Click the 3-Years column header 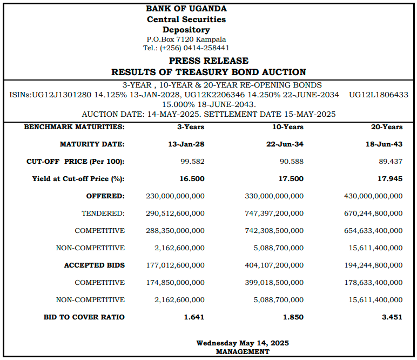coord(191,127)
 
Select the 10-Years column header coord(288,127)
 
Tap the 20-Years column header coord(387,127)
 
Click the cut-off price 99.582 coord(192,162)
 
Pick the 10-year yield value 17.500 coord(291,179)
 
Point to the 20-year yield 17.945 coord(390,179)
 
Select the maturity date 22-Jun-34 coord(285,144)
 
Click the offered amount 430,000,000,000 coord(373,196)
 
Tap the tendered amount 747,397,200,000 coord(274,214)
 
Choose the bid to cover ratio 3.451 coord(392,317)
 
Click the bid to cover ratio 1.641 coord(194,317)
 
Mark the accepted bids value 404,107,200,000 coord(274,265)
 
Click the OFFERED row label coord(105,196)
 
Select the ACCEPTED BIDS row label coord(95,265)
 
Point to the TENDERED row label coord(103,214)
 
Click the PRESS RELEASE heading coord(208,61)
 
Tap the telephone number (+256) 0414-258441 coord(194,48)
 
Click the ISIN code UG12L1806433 coord(379,95)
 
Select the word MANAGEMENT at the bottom coord(243,352)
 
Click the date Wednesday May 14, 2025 coord(243,343)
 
